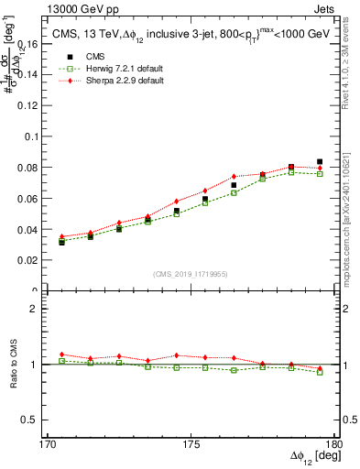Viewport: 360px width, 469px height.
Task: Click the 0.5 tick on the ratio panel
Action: point(37,420)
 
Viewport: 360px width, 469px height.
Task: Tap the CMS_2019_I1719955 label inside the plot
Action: point(191,274)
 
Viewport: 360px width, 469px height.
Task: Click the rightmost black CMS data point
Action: point(320,162)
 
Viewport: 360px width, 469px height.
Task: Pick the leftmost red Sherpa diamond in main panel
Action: point(61,236)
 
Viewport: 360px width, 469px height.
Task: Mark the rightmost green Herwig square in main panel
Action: point(320,173)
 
